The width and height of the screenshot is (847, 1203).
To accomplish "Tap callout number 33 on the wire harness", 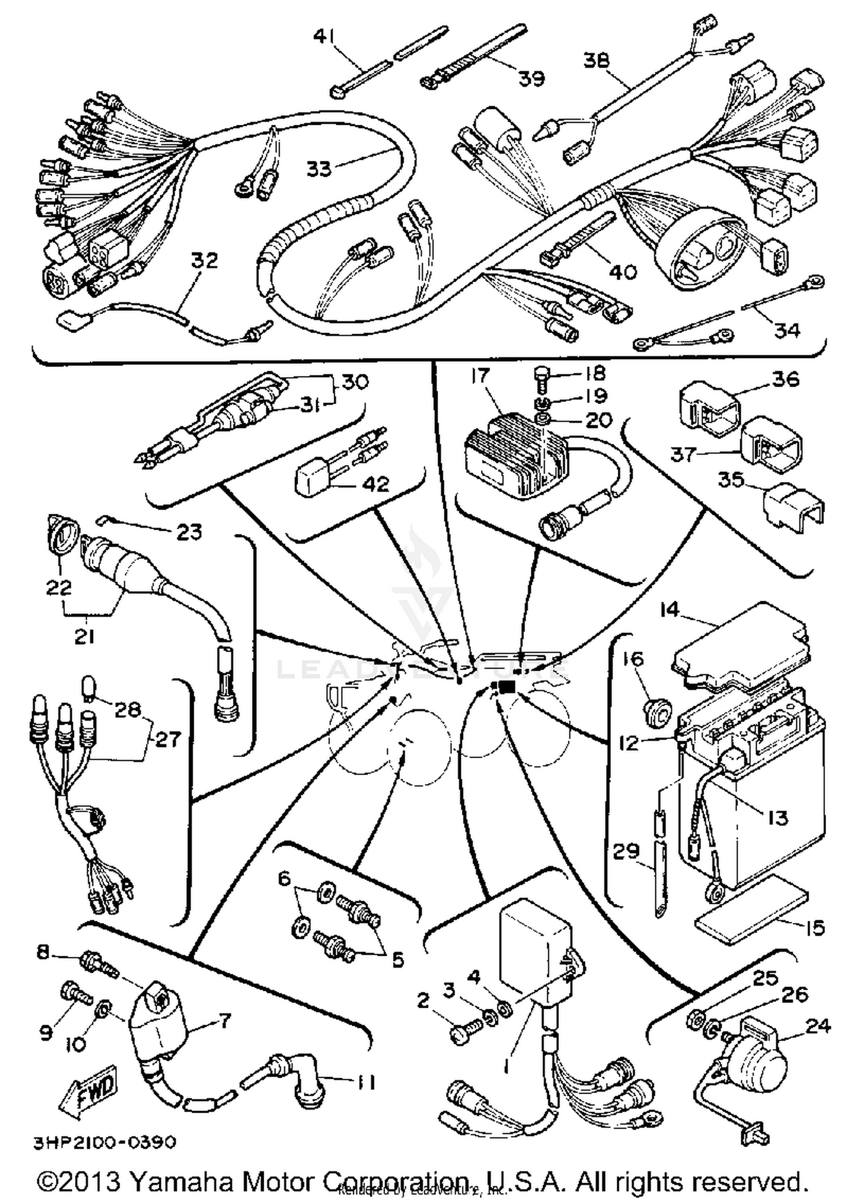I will pyautogui.click(x=318, y=168).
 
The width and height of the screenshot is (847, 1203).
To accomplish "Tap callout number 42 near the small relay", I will pyautogui.click(x=376, y=484).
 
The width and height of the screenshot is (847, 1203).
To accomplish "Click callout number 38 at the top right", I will pyautogui.click(x=596, y=60).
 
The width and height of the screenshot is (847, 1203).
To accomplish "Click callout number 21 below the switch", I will pyautogui.click(x=84, y=636).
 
